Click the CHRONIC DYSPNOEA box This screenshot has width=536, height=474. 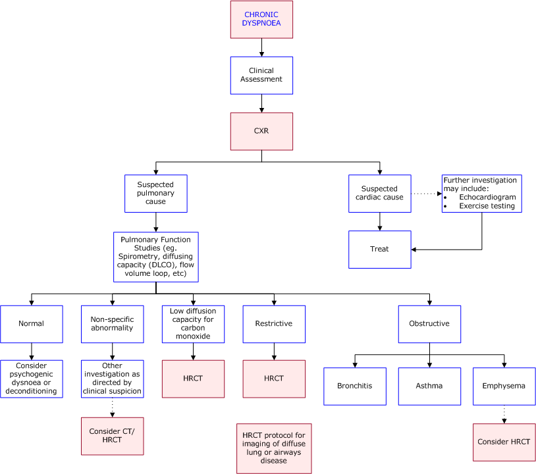point(261,19)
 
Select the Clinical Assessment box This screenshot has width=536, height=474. point(261,75)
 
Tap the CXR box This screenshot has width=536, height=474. point(261,131)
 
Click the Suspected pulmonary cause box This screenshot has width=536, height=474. point(156,193)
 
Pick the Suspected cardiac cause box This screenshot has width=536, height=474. point(380,193)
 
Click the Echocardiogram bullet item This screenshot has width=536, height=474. point(487,197)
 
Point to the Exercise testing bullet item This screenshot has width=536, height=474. point(487,205)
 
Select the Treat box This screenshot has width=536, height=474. point(380,249)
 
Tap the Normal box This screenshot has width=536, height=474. point(32,324)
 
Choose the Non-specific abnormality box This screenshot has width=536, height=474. point(112,324)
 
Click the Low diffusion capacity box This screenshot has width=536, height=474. point(193,324)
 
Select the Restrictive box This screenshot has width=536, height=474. point(274,324)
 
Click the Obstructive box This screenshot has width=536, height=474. point(429,324)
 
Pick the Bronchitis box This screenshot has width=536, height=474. point(354,386)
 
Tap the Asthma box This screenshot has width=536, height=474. point(429,386)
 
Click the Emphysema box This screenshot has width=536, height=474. point(504,386)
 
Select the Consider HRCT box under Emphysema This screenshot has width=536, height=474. point(504,442)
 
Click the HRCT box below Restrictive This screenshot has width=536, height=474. point(274,379)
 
